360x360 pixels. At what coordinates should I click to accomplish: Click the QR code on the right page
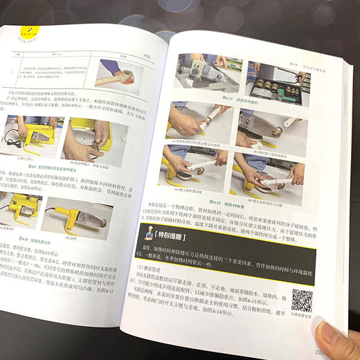(x=303, y=300)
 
